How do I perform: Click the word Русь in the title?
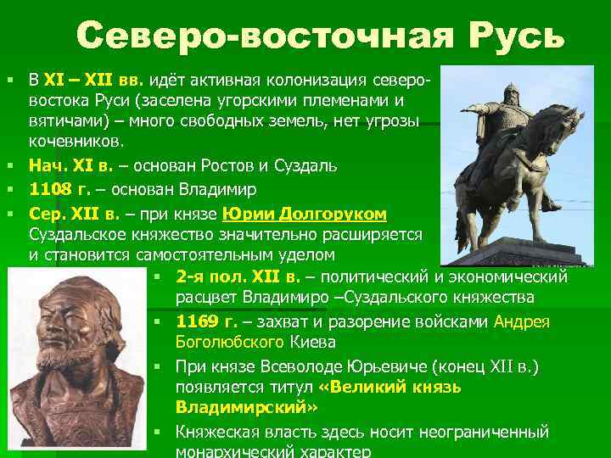(515, 36)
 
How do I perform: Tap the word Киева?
(313, 343)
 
